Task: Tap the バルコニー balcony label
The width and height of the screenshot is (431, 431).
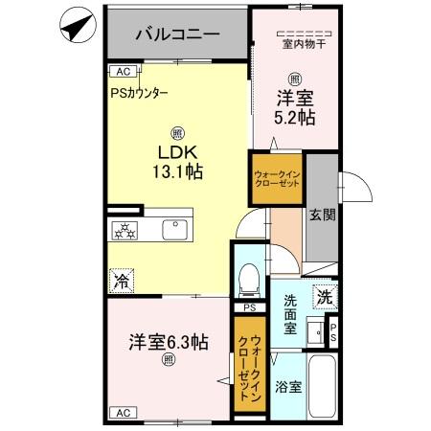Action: pyautogui.click(x=177, y=34)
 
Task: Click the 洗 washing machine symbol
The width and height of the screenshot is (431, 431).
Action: pyautogui.click(x=326, y=297)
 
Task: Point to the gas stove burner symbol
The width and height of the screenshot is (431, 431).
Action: pyautogui.click(x=125, y=230)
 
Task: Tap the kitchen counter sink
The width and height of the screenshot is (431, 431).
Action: pyautogui.click(x=175, y=230)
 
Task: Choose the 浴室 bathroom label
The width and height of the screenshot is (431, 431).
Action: pyautogui.click(x=289, y=388)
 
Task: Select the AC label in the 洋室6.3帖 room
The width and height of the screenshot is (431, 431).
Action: pyautogui.click(x=122, y=413)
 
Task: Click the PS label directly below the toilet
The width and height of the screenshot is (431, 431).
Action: pyautogui.click(x=249, y=307)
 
